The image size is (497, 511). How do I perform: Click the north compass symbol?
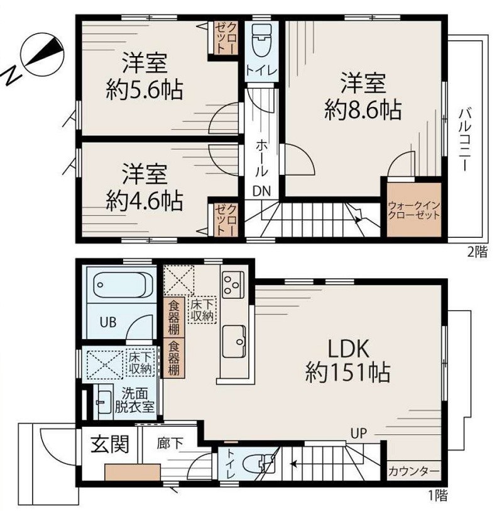tap(36, 59)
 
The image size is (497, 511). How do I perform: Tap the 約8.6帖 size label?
tap(363, 110)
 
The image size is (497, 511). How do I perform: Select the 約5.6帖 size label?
tap(144, 89)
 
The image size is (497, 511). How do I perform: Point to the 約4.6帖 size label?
tap(144, 201)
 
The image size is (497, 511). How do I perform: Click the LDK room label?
tap(348, 349)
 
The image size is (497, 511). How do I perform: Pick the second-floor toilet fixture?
tap(261, 41)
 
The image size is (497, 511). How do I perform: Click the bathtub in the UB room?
tap(123, 286)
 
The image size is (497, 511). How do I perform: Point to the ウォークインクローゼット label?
tap(414, 211)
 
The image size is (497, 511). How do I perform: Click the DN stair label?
tap(261, 191)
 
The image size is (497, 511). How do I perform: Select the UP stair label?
tap(359, 433)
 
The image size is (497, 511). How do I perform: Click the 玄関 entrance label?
tap(110, 444)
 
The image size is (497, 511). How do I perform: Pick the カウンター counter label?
tap(413, 471)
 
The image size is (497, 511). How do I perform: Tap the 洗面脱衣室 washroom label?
tap(134, 400)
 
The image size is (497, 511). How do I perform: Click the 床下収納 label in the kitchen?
tap(202, 311)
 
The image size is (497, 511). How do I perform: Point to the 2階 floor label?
tap(477, 252)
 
